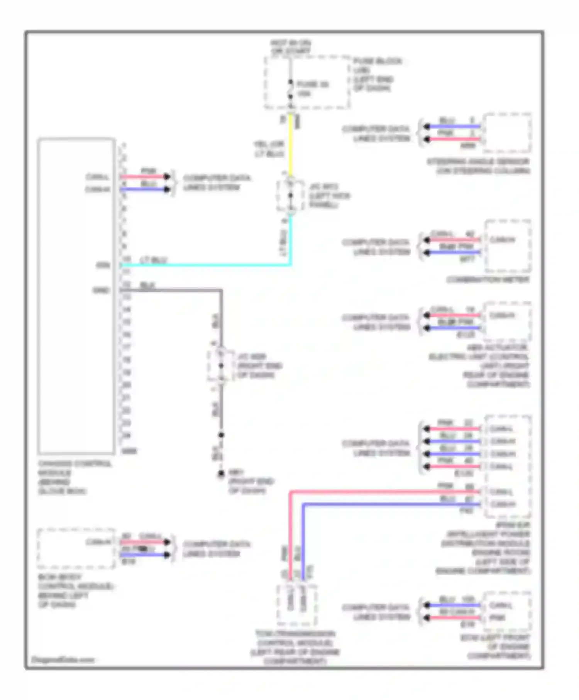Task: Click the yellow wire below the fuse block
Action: pyautogui.click(x=291, y=147)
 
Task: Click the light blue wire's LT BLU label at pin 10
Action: pyautogui.click(x=153, y=260)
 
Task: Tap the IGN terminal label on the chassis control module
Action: pyautogui.click(x=103, y=265)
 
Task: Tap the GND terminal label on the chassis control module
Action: pyautogui.click(x=101, y=290)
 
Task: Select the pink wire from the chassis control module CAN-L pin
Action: pyautogui.click(x=143, y=177)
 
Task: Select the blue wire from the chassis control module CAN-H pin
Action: pyautogui.click(x=143, y=189)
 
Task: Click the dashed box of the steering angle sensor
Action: pyautogui.click(x=508, y=133)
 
